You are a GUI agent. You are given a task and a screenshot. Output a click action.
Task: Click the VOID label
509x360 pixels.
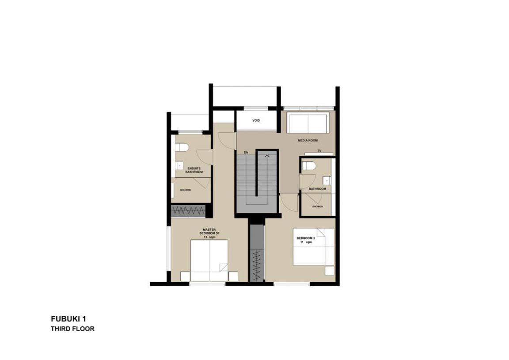coord(256,121)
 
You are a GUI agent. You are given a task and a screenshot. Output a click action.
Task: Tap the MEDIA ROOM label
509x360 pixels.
coord(308,140)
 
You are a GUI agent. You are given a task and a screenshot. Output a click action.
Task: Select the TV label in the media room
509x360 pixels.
coord(319,151)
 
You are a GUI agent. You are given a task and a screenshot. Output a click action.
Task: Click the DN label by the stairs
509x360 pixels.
coord(246,153)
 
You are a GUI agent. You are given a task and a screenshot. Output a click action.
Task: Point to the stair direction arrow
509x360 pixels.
coord(267,156)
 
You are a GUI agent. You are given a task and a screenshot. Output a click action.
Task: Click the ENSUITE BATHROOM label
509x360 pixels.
coord(194,170)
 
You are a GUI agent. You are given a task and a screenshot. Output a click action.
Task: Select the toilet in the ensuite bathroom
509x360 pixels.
coord(182,148)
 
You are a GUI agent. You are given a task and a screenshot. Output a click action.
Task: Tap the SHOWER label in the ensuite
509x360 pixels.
coord(186,190)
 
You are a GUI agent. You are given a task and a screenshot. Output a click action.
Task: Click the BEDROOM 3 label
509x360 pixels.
coord(306,238)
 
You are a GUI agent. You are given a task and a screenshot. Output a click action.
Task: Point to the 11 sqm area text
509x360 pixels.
coord(306,242)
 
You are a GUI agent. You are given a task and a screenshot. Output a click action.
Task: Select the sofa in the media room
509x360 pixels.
coord(308,123)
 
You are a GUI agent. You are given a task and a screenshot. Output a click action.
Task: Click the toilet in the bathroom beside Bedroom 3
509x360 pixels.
coord(309,166)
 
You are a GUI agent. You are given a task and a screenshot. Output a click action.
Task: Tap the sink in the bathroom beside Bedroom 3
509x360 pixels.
coord(327,180)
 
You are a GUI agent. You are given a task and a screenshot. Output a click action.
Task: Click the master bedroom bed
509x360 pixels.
coord(209,260)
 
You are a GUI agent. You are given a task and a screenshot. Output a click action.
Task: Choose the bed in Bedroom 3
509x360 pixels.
coord(314,247)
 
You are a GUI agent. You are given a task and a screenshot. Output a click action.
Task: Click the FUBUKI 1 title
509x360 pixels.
coord(68,318)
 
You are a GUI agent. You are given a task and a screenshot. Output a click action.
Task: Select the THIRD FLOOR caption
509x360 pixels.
coord(73,329)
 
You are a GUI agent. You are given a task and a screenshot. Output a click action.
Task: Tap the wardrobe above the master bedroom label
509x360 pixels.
coord(188,211)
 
